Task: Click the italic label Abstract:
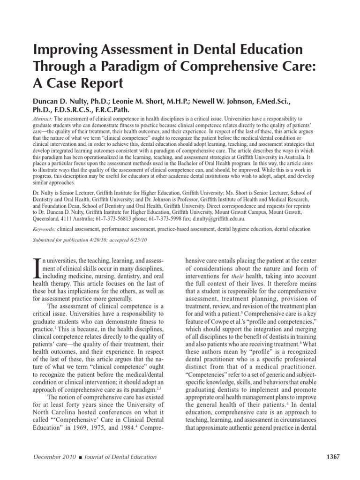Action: tap(43, 120)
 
